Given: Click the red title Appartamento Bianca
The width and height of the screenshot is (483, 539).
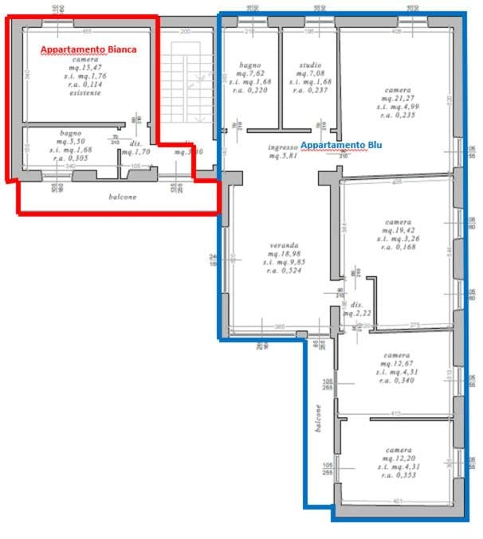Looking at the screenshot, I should pos(88,49).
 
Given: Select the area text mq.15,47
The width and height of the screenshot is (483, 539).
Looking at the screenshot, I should pos(85,68).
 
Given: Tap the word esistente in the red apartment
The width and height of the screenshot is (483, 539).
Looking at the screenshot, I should pos(85,93).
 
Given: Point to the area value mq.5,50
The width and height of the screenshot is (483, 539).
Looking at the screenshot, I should pos(71,141).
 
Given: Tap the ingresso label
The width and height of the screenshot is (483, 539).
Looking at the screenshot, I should pos(282,146).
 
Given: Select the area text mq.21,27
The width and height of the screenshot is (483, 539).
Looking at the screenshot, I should pos(397,98).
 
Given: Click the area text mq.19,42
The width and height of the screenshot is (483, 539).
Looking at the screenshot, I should pos(397,229).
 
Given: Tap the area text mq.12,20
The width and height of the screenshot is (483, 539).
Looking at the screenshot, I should pos(396,458).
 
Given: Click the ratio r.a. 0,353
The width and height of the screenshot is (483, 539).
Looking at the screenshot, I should pos(396,475).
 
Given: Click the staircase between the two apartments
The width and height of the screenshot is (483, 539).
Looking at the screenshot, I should pos(185,88).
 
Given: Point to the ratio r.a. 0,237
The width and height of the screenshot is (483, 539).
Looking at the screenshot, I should pos(311,90).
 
